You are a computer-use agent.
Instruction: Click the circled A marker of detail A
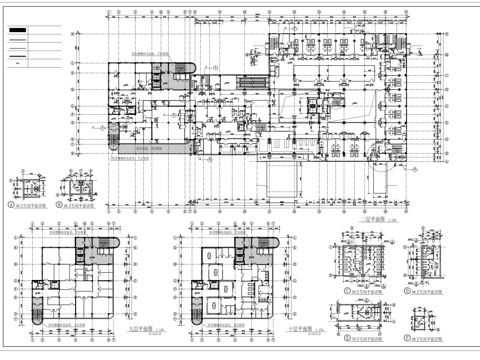click(12, 205)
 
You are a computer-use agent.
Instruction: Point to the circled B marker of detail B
click(59, 205)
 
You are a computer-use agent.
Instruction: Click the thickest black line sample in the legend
click(18, 30)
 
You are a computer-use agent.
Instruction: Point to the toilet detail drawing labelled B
click(78, 188)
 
